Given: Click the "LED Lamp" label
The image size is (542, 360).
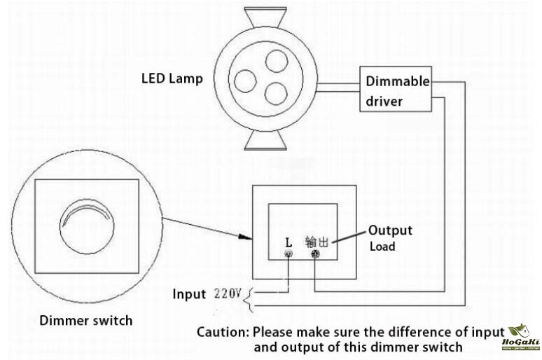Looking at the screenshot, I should click(172, 78).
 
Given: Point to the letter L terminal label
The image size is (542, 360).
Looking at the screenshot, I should click(288, 242).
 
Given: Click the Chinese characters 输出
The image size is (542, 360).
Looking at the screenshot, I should click(317, 242).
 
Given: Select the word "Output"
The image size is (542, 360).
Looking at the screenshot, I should click(390, 230).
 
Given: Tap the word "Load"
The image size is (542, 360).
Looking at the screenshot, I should click(382, 247).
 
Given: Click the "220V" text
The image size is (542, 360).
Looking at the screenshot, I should click(227, 293).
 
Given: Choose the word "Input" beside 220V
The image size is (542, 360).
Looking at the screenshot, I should click(190, 293).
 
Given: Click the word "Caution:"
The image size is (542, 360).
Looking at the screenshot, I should click(223, 331).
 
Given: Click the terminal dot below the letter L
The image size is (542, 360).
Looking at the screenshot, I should click(288, 255).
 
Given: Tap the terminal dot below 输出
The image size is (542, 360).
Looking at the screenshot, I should click(315, 255).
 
